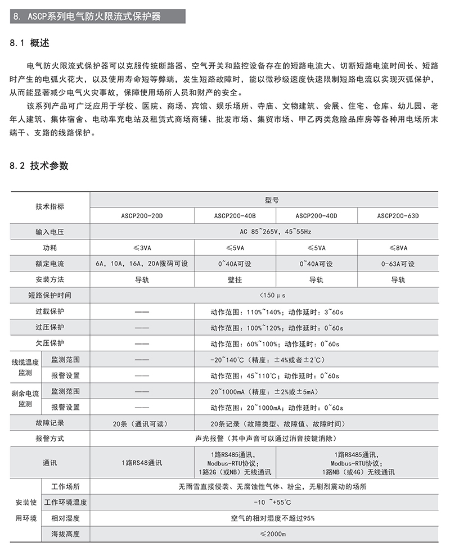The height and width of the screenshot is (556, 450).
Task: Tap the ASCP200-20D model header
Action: pyautogui.click(x=141, y=216)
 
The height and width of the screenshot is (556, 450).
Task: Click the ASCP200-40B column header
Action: pyautogui.click(x=235, y=216)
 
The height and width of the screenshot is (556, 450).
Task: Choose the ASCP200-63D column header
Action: pyautogui.click(x=398, y=216)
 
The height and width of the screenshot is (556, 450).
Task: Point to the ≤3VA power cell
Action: pyautogui.click(x=141, y=248)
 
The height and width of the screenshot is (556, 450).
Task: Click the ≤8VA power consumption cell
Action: pyautogui.click(x=398, y=248)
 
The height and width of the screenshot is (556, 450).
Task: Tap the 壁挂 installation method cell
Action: pyautogui.click(x=235, y=280)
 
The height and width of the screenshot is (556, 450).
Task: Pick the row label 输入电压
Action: pyautogui.click(x=49, y=232)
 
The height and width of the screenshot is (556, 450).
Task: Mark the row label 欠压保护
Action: pyautogui.click(x=49, y=343)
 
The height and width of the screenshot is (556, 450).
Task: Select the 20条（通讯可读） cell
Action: pyautogui.click(x=141, y=424)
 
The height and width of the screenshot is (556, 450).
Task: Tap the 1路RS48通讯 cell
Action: pyautogui.click(x=141, y=463)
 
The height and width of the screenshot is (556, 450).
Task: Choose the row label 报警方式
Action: pyautogui.click(x=49, y=439)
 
